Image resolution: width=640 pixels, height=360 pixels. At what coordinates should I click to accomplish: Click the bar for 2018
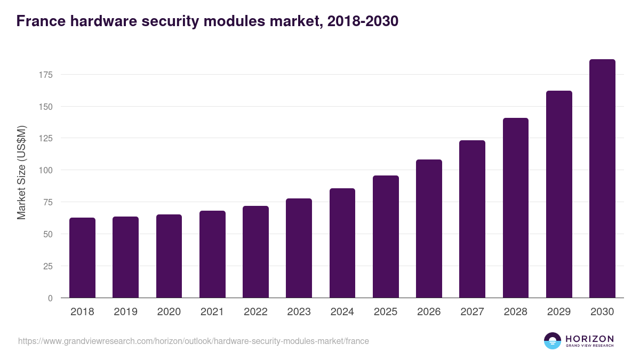point(82,258)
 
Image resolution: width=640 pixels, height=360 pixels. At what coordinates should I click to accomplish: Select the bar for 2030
point(602,179)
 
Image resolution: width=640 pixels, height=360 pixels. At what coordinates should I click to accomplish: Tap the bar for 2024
point(342,243)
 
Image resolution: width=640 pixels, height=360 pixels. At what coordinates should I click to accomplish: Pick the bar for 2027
point(472,219)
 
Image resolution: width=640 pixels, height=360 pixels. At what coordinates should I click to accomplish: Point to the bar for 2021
point(212,254)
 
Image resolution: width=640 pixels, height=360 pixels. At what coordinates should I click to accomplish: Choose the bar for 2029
point(559,194)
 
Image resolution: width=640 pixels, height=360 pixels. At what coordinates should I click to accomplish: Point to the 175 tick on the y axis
point(46,75)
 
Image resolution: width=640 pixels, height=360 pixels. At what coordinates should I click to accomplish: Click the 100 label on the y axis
point(46,170)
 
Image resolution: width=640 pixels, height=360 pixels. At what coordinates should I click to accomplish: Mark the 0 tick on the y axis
point(50,298)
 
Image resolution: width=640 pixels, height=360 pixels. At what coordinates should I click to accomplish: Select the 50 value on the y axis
point(48,234)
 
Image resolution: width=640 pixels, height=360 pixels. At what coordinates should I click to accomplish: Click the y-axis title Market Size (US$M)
point(21,172)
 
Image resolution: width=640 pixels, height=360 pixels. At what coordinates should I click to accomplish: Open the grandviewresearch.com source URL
point(193,341)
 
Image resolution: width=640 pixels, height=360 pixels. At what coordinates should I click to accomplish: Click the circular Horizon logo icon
point(553,341)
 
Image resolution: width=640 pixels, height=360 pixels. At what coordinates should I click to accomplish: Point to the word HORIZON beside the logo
point(589,339)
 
